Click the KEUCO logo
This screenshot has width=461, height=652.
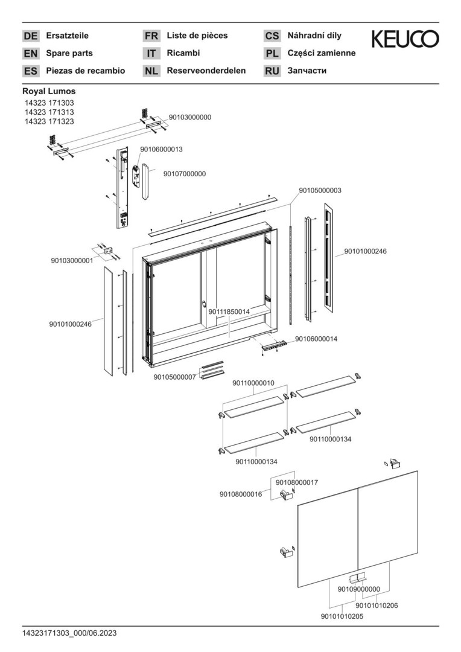(405, 40)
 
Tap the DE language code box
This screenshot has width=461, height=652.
(30, 36)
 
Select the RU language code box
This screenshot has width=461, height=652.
(272, 71)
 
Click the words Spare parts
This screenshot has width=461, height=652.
(69, 53)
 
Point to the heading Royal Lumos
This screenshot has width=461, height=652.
(49, 91)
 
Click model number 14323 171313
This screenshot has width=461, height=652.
(49, 112)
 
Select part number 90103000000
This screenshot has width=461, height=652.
(190, 117)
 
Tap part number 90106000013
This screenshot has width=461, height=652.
(161, 149)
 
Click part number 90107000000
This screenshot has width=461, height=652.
(185, 174)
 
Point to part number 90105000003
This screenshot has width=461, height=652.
(320, 190)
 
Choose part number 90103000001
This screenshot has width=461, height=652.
(72, 261)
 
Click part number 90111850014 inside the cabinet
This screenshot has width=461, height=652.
(229, 312)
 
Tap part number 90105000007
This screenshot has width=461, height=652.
(175, 377)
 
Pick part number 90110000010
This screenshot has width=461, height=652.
(253, 383)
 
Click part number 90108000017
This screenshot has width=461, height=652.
(297, 482)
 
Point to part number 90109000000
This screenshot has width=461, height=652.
(358, 589)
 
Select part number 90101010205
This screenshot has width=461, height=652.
(342, 616)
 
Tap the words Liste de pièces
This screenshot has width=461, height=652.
(197, 36)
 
